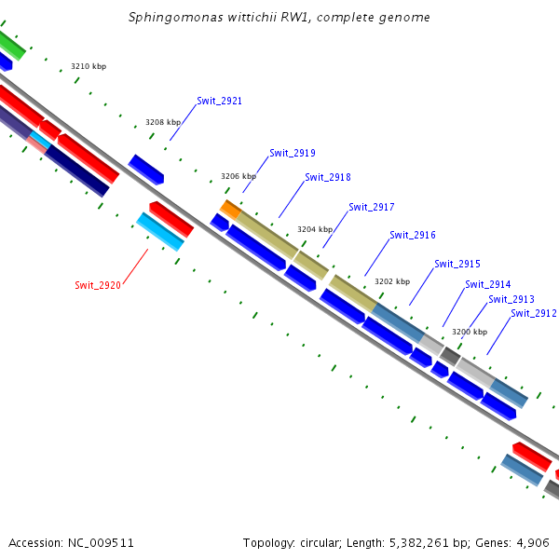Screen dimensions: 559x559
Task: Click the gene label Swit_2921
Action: (x=219, y=101)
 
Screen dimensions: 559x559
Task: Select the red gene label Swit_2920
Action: (x=98, y=285)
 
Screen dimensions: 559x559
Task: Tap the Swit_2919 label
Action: (x=292, y=153)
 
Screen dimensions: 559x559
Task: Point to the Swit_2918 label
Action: (x=327, y=177)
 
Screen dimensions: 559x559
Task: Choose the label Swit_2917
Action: (x=371, y=207)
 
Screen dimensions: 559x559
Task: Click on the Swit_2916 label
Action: (x=412, y=236)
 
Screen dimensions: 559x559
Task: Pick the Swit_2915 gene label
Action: (x=457, y=265)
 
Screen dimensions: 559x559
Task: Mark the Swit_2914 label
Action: (x=487, y=284)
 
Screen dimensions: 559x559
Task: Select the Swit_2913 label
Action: (x=511, y=299)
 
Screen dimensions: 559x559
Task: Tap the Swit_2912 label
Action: (x=533, y=314)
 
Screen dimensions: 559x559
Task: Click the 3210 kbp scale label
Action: (x=89, y=67)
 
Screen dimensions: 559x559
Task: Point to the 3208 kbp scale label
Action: (x=163, y=122)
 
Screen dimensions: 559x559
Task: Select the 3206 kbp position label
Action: (x=238, y=175)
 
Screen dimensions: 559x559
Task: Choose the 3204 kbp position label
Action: (x=314, y=228)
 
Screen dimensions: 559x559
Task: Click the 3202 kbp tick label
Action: (x=391, y=280)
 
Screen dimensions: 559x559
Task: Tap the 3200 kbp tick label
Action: (x=469, y=331)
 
